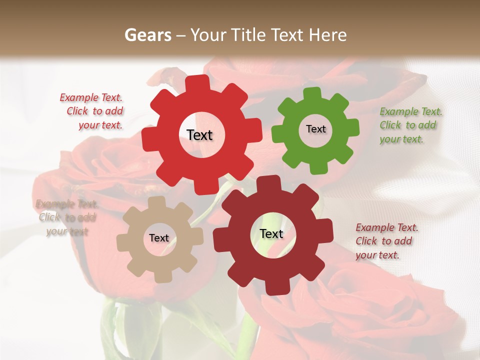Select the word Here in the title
328,35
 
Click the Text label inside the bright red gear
199,135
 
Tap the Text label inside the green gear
315,129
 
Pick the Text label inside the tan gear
159,238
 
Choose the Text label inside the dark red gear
271,233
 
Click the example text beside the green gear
411,125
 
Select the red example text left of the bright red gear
93,111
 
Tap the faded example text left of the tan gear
67,217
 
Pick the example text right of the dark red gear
386,241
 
